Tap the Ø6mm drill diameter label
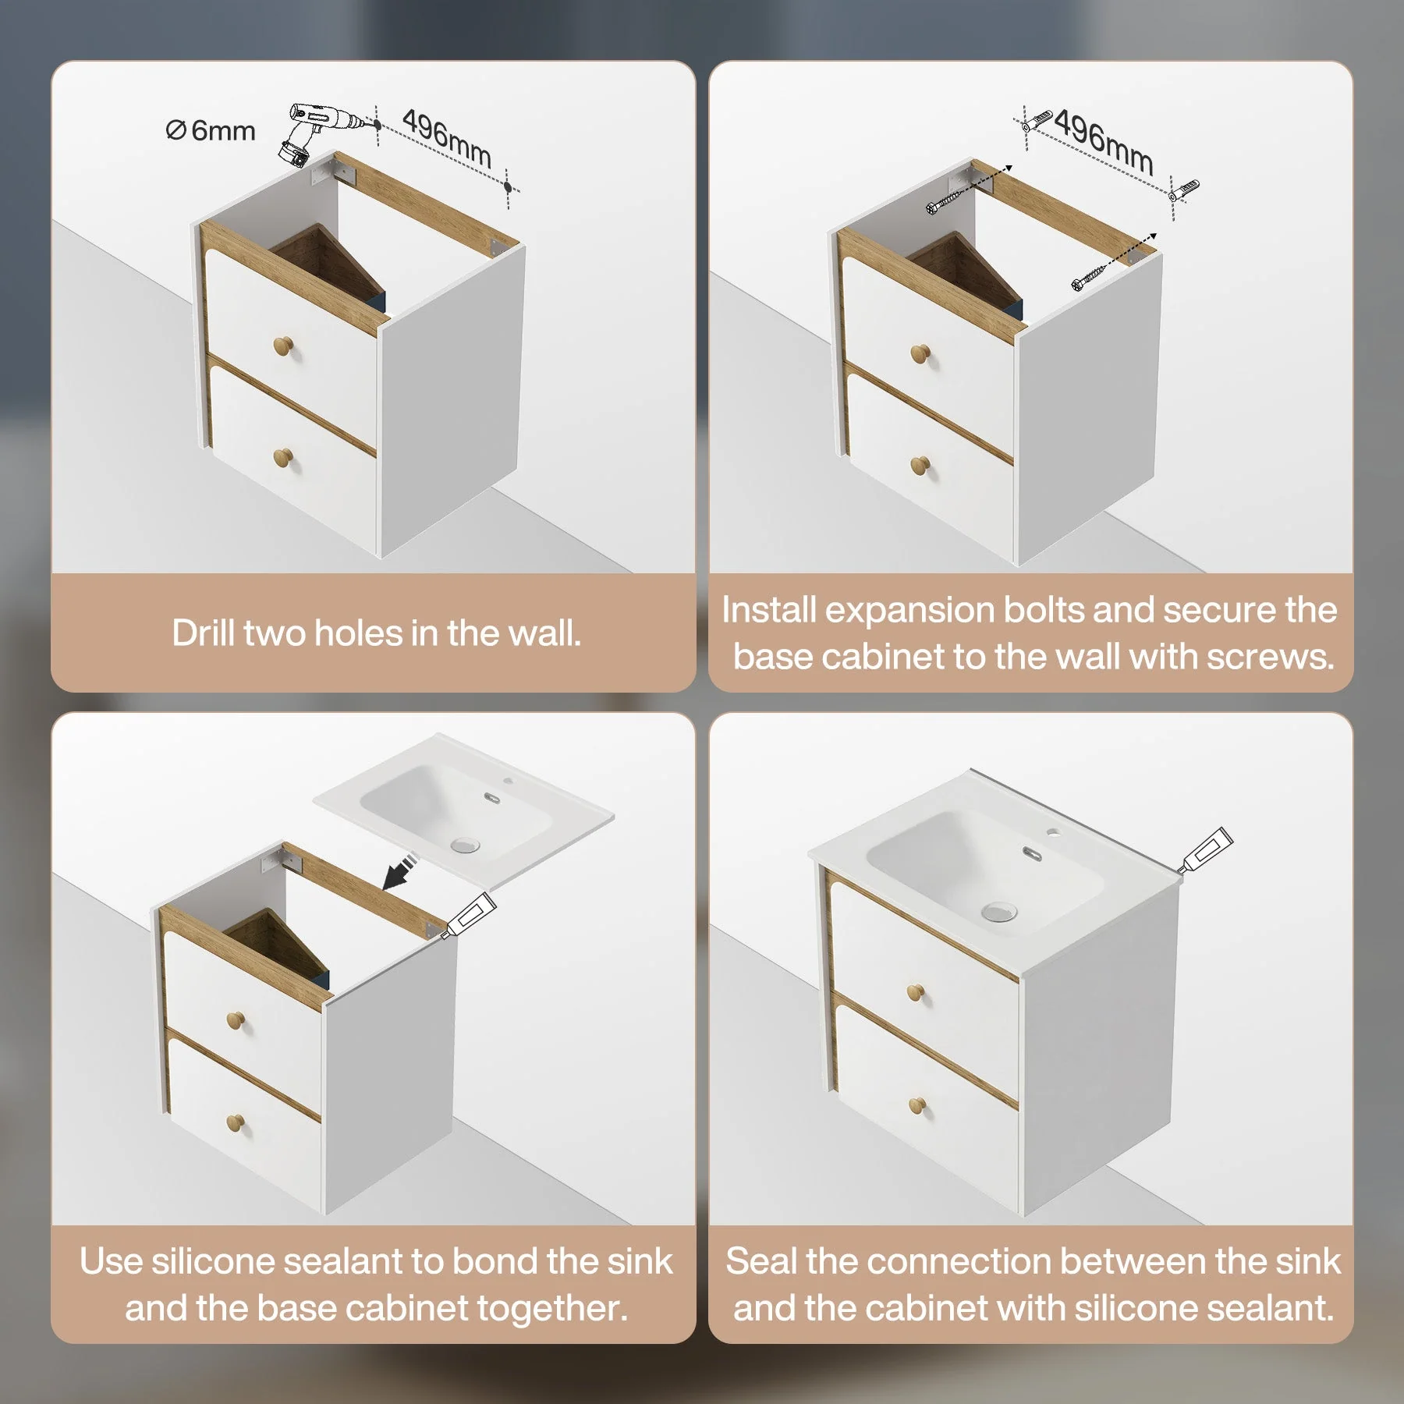pyautogui.click(x=211, y=131)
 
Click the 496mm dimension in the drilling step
pyautogui.click(x=446, y=138)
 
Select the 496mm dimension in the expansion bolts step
pyautogui.click(x=1104, y=142)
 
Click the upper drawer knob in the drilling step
pyautogui.click(x=283, y=346)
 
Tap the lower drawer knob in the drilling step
pyautogui.click(x=283, y=458)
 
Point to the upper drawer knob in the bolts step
pyautogui.click(x=920, y=353)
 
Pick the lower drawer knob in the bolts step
pyautogui.click(x=920, y=466)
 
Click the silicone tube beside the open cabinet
pyautogui.click(x=468, y=914)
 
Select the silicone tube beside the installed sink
pyautogui.click(x=1205, y=850)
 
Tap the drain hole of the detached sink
pyautogui.click(x=465, y=844)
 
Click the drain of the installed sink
pyautogui.click(x=999, y=912)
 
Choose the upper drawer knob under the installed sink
pyautogui.click(x=916, y=993)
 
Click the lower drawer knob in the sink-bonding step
pyautogui.click(x=235, y=1122)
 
